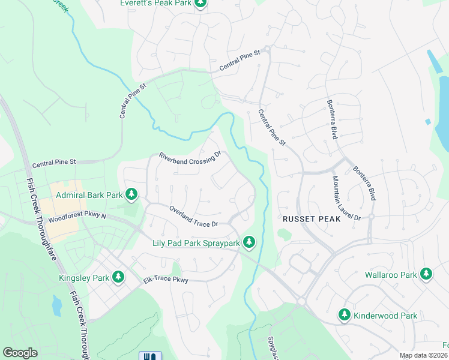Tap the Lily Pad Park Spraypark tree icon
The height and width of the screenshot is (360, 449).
pos(249,242)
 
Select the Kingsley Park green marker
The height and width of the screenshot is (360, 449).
pos(119,277)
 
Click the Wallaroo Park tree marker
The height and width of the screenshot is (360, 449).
pos(426,274)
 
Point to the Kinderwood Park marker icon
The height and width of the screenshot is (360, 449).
pos(344,314)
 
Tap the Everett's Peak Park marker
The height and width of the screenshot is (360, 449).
pos(200,4)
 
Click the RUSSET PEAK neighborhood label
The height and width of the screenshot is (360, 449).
pos(312,220)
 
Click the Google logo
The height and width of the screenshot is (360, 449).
pos(20,353)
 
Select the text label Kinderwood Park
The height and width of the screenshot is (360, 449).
pos(385,316)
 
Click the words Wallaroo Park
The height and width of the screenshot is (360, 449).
pos(391,275)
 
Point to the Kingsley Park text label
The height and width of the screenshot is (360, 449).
pos(84,277)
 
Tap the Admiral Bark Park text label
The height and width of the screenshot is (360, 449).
pos(89,195)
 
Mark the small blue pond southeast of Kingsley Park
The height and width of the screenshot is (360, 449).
pos(57,305)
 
